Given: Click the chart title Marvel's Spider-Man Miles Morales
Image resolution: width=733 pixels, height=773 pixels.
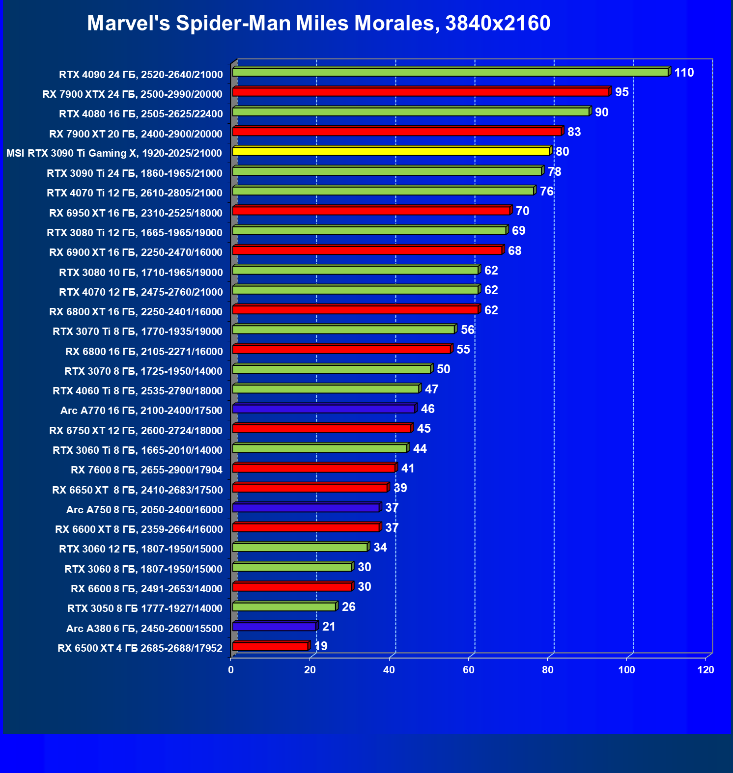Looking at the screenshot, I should [318, 23].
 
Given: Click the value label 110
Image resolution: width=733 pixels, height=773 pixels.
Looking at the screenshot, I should [684, 73].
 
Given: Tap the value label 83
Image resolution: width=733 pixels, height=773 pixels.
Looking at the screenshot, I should [574, 132].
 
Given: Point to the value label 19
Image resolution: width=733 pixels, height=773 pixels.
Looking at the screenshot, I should [321, 646].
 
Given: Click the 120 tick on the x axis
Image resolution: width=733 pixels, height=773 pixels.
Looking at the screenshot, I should [706, 670].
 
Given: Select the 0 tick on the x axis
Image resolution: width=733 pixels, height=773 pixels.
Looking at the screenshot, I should [231, 670].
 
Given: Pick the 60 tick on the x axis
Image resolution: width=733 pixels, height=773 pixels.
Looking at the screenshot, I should [469, 670].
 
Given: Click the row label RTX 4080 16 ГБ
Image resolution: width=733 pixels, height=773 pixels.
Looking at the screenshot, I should [141, 114].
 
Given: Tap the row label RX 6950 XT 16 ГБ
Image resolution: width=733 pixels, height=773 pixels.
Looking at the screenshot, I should [136, 213].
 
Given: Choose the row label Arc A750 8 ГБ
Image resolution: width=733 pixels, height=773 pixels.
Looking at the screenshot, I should [144, 510].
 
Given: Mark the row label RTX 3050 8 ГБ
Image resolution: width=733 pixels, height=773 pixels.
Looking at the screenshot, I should [145, 608].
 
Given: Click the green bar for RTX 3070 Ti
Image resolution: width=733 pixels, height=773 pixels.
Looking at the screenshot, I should [343, 330].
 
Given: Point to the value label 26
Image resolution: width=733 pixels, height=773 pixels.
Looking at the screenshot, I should [348, 607].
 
